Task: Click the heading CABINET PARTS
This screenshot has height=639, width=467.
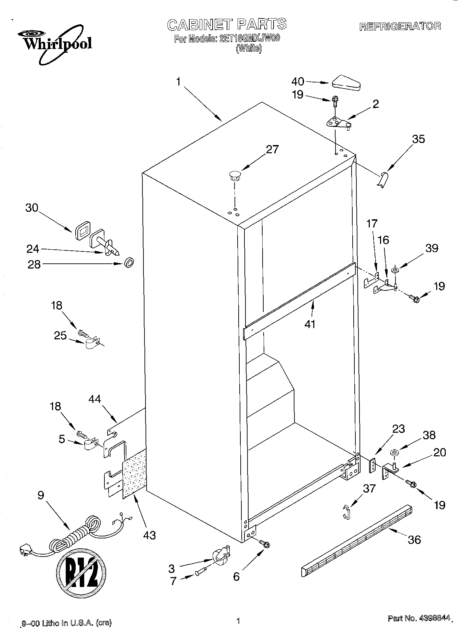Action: click(227, 25)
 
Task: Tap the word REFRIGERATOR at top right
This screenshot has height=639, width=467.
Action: click(400, 26)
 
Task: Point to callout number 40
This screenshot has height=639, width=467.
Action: click(298, 81)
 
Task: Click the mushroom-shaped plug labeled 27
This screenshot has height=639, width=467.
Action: click(235, 176)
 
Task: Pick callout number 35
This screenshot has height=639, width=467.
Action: click(418, 139)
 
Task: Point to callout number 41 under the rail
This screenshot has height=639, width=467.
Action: click(310, 324)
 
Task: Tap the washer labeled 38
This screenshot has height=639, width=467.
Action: click(394, 454)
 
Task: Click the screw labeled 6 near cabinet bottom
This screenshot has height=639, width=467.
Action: click(264, 543)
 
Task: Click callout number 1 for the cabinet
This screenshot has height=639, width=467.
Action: click(178, 82)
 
